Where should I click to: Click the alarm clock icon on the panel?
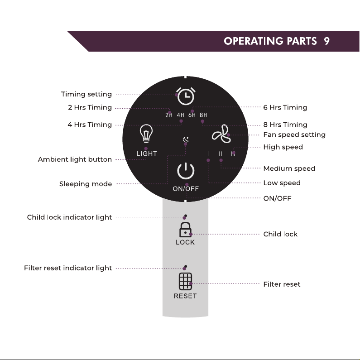[186, 96]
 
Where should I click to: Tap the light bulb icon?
[146, 134]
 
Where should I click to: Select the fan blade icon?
[221, 134]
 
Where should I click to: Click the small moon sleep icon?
[186, 139]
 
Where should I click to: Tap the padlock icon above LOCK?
[185, 230]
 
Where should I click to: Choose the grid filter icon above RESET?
[185, 282]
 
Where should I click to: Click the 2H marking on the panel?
[169, 115]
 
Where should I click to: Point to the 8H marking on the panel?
[203, 115]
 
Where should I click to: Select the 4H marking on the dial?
[181, 115]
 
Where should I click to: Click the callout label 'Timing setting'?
[86, 94]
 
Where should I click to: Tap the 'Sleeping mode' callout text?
[86, 184]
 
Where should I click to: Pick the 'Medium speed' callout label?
[289, 168]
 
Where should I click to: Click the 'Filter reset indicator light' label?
[68, 268]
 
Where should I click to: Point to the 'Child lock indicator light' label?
[69, 217]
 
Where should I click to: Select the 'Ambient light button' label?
[75, 159]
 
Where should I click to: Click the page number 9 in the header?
[326, 41]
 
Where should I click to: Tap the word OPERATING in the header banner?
[254, 41]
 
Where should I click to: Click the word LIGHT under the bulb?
[147, 154]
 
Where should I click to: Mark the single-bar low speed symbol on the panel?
[208, 154]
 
